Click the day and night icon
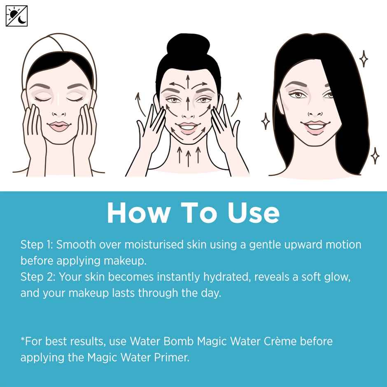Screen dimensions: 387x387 coord(16,16)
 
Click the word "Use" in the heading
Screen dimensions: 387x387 coord(254,213)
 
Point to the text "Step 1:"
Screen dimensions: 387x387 coord(36,245)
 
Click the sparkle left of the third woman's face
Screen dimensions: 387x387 coord(266,121)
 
